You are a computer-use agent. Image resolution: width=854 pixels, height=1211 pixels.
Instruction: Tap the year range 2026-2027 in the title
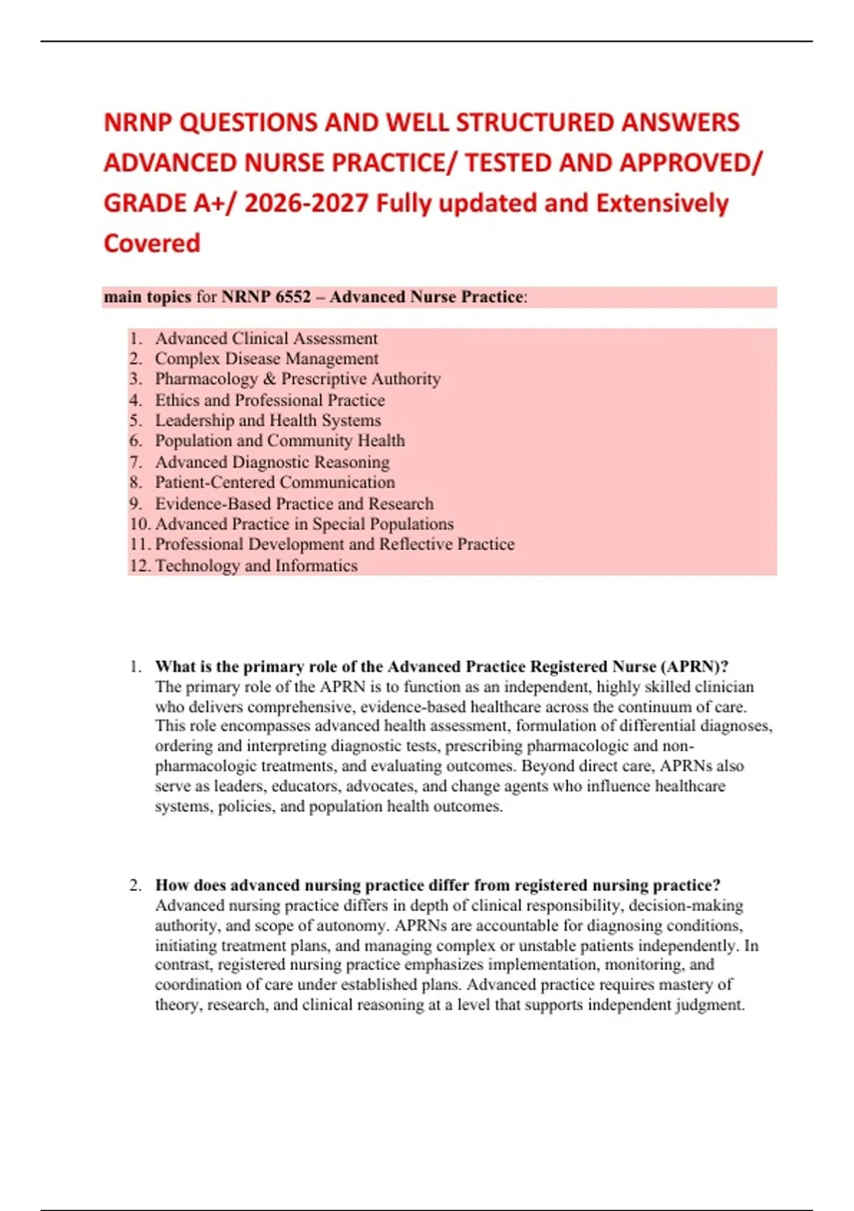click(x=307, y=204)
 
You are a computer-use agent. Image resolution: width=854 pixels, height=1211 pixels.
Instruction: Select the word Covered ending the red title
click(x=152, y=244)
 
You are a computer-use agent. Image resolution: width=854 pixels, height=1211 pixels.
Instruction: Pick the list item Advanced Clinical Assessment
click(x=266, y=338)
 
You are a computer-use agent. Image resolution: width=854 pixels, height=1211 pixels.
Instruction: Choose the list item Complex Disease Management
click(x=266, y=358)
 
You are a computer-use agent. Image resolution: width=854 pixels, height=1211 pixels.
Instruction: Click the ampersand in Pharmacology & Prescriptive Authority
click(x=269, y=379)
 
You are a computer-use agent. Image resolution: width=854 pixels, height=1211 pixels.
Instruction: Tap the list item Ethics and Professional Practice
click(x=270, y=400)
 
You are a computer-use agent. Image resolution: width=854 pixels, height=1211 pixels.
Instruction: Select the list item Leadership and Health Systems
click(x=268, y=420)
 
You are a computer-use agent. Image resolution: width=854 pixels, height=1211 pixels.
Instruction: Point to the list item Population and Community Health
click(x=280, y=441)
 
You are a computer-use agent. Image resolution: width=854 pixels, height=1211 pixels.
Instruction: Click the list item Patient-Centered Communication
click(x=275, y=482)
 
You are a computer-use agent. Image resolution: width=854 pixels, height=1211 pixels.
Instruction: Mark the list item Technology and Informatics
click(x=256, y=566)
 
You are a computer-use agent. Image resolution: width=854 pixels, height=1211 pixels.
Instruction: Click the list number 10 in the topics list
click(x=139, y=524)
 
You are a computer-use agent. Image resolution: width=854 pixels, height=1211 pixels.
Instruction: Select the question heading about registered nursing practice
click(x=438, y=885)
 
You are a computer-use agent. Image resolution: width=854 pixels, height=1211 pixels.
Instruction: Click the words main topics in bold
click(x=147, y=297)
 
